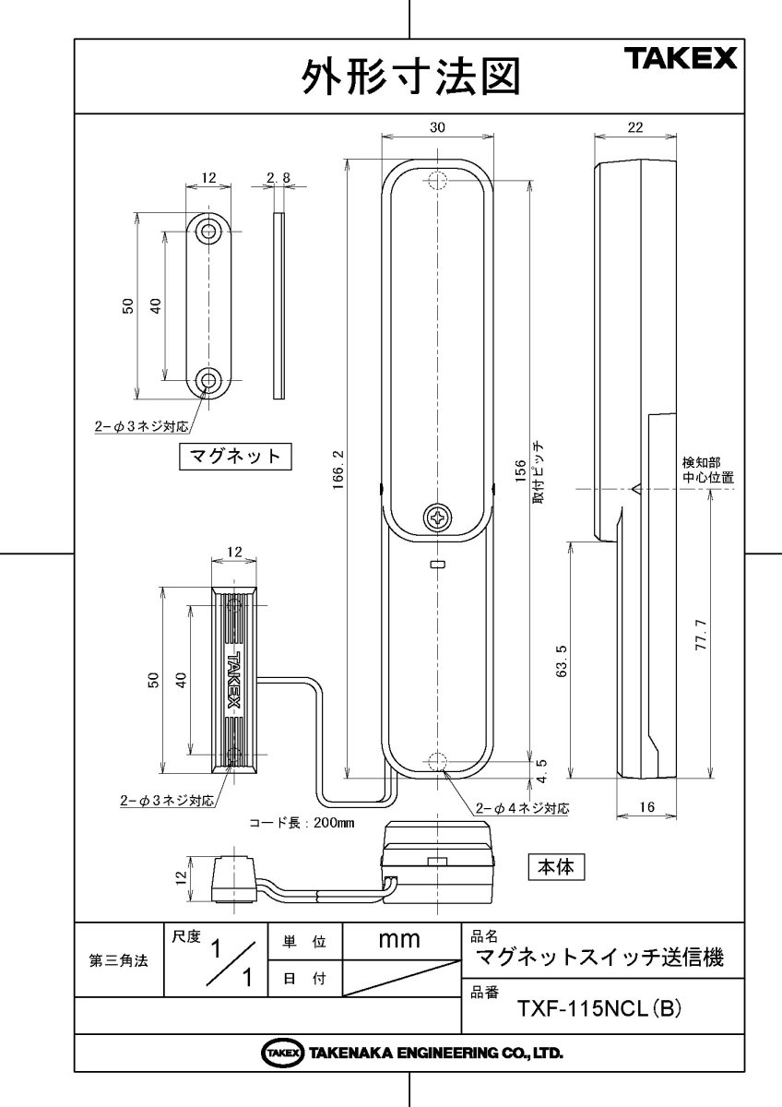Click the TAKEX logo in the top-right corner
pos(683,60)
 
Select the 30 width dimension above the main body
pos(437,128)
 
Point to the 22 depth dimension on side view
pos(634,128)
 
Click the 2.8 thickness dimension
pos(278,176)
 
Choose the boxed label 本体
pos(557,867)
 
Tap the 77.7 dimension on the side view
pos(701,634)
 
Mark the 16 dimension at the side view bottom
pos(646,807)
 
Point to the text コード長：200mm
pos(302,822)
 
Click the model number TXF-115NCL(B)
pos(599,1009)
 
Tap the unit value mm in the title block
pos(400,941)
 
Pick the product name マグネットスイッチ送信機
pos(598,958)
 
